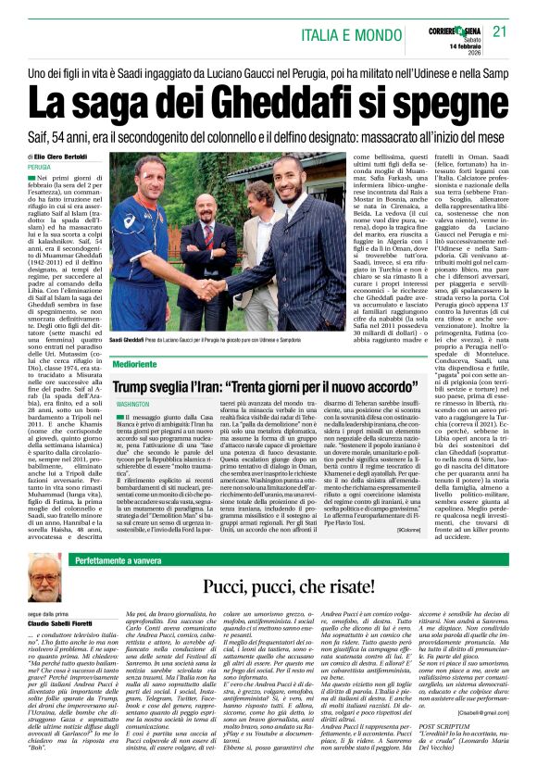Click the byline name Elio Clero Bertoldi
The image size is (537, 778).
68,157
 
